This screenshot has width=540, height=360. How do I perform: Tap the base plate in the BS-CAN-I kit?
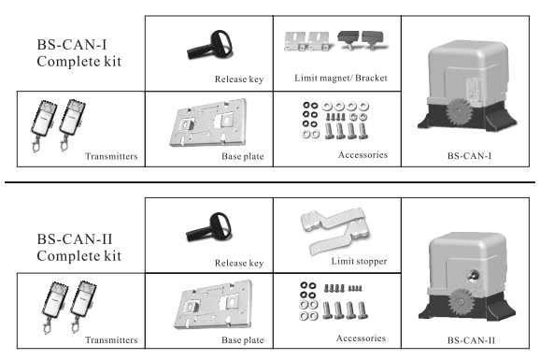coord(208,122)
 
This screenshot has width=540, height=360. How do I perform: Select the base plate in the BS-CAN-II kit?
coord(214,305)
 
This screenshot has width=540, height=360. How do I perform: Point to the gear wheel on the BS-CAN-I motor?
coord(458,111)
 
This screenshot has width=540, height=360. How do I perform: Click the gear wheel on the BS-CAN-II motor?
coord(461,302)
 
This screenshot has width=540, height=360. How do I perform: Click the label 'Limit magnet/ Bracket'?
coord(341,78)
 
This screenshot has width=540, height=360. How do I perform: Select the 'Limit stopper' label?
coord(359,262)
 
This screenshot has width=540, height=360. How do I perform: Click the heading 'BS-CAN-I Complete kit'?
coord(78,53)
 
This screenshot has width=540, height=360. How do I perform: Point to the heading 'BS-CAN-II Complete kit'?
coord(78,247)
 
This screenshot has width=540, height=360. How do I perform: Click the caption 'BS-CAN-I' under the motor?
coord(469,156)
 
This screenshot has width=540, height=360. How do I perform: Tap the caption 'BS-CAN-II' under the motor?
coord(471,340)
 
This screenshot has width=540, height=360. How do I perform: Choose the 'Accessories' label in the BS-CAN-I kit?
coord(363,155)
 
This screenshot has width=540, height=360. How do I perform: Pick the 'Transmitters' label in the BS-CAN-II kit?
coord(111,340)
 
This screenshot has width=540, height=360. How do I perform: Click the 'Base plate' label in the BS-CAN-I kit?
coord(243,156)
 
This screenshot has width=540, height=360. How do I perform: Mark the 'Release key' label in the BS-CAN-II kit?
coord(239,263)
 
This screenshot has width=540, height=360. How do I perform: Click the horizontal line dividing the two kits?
coord(270,182)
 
